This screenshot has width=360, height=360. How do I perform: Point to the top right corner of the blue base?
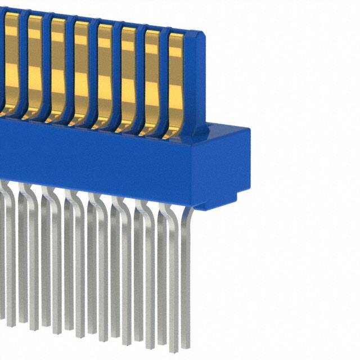click(x=247, y=130)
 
